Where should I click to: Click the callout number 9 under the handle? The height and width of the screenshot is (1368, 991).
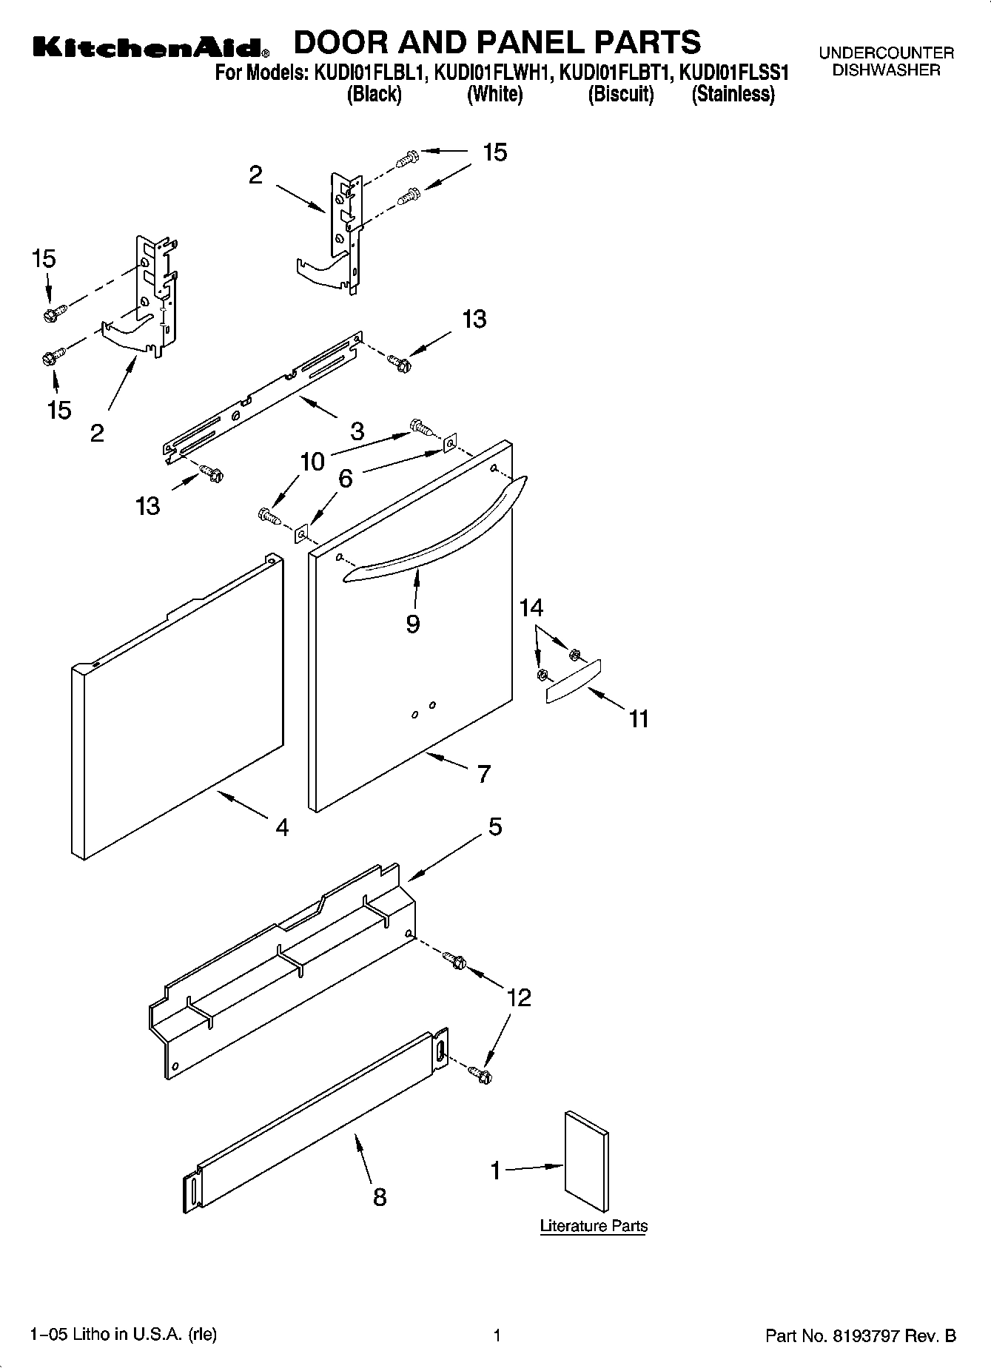[413, 624]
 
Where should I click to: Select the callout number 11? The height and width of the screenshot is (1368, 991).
[639, 718]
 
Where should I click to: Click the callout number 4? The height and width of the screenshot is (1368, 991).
[282, 827]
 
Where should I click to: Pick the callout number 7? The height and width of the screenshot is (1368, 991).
[483, 774]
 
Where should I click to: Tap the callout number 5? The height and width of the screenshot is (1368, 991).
[495, 826]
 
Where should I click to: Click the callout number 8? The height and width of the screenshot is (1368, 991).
[380, 1197]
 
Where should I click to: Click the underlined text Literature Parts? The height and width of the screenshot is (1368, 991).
[594, 1226]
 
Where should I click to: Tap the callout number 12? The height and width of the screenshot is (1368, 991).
[520, 998]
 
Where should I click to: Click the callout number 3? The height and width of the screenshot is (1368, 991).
[357, 431]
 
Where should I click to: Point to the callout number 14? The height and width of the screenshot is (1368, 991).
[531, 608]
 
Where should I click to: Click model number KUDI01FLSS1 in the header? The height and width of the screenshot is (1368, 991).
[734, 73]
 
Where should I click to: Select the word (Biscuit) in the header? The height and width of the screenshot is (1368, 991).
[621, 95]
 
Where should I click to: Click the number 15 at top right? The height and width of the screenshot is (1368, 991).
[494, 152]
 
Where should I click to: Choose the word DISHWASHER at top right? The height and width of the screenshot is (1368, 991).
[886, 71]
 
